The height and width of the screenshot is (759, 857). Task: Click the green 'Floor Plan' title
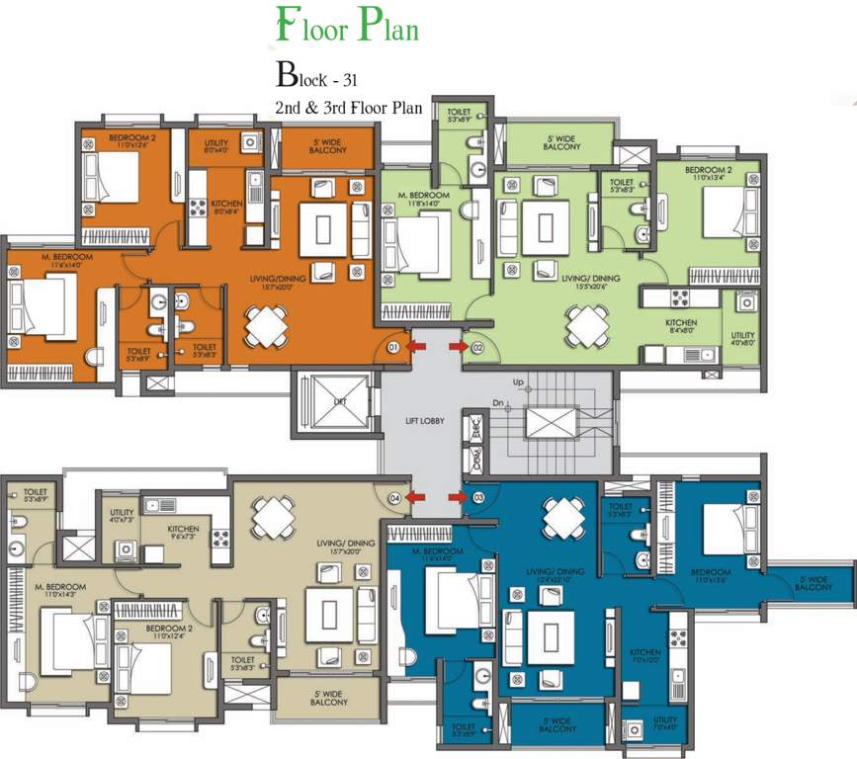click(x=347, y=28)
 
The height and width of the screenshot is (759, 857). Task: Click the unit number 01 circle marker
click(x=393, y=348)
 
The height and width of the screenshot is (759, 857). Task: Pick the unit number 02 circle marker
click(x=476, y=348)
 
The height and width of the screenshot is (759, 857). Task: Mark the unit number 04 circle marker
click(x=393, y=497)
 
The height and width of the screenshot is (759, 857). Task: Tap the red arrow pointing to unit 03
click(x=457, y=497)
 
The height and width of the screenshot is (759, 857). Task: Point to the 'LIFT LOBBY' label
click(x=425, y=421)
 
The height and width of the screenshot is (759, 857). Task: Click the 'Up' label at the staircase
click(x=516, y=381)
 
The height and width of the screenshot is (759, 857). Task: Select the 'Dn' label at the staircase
click(x=498, y=402)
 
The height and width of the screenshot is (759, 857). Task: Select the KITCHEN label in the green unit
click(x=681, y=323)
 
